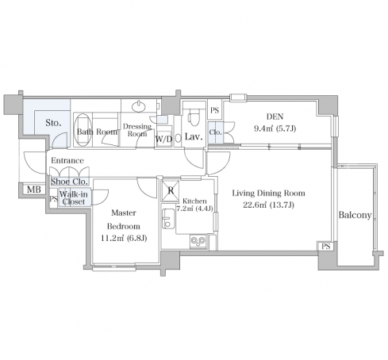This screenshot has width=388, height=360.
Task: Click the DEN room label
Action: (275, 117)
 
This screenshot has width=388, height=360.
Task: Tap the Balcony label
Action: (355, 215)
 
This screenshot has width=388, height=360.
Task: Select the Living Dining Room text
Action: (268, 193)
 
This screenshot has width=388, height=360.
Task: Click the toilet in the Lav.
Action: (192, 119)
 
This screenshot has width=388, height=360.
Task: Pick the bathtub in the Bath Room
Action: (83, 130)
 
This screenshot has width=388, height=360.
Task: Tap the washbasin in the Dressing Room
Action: (139, 106)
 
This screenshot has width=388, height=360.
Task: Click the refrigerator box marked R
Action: (171, 190)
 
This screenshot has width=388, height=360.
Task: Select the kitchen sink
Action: (168, 219)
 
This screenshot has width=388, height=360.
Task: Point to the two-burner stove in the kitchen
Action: (198, 241)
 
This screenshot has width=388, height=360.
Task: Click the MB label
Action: (34, 190)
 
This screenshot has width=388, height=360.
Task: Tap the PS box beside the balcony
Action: (326, 247)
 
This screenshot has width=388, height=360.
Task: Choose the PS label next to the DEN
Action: (215, 110)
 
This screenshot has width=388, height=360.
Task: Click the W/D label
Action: (163, 139)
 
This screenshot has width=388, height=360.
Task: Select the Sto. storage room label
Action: (53, 123)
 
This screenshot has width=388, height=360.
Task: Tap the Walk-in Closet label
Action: (74, 197)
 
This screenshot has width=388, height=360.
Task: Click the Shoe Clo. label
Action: (69, 182)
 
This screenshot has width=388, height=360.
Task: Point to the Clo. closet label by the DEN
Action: (215, 132)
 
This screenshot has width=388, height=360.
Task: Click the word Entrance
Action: (67, 160)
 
